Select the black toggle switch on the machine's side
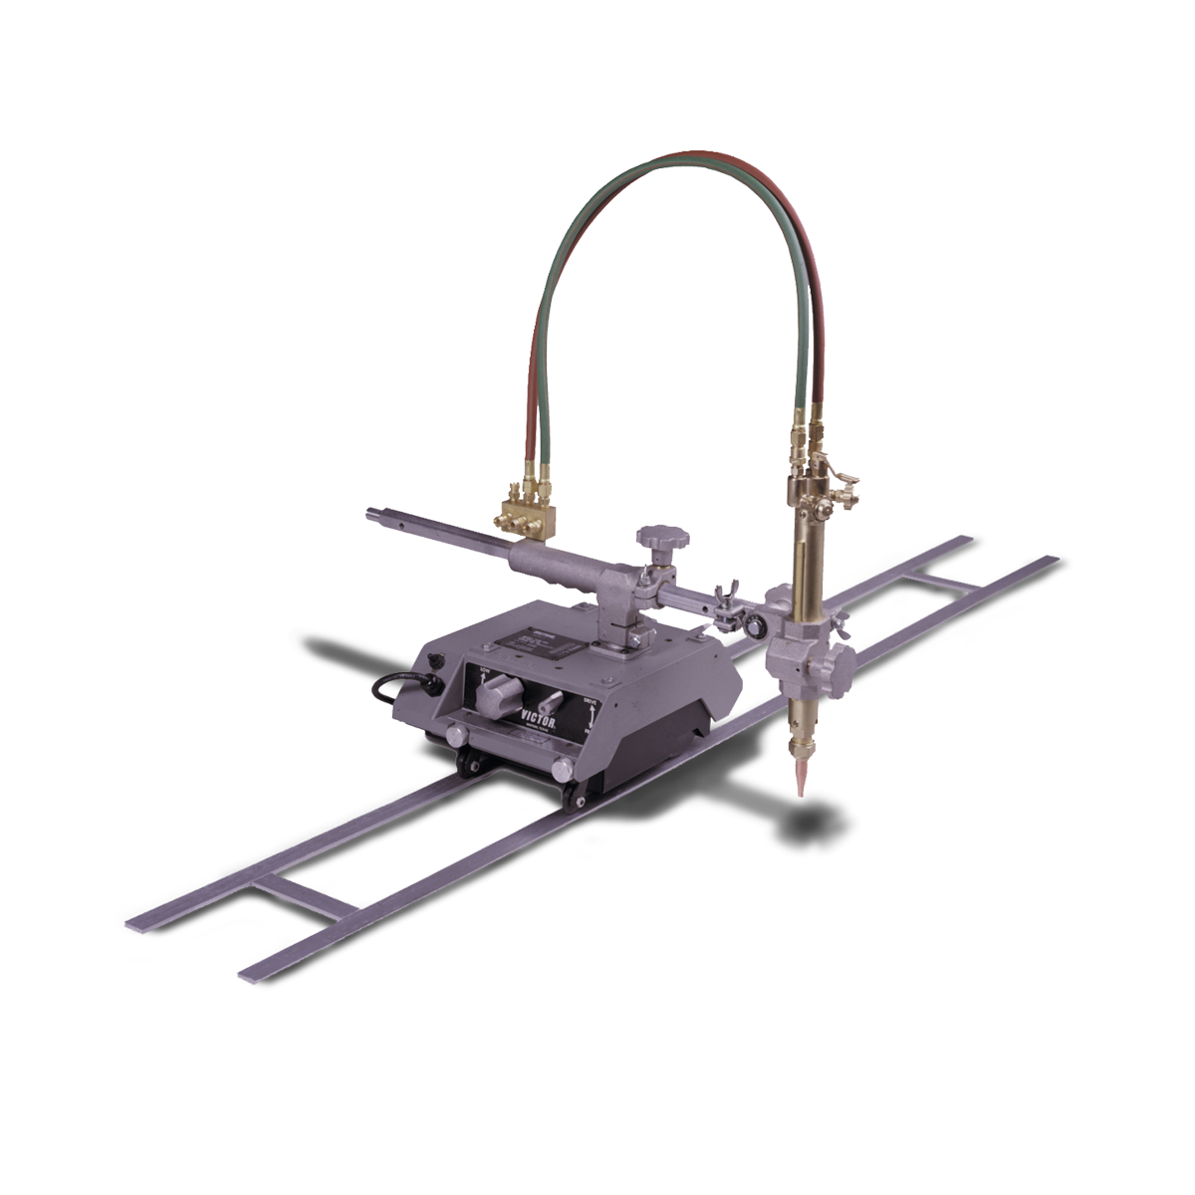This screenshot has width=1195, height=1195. click(434, 660)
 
